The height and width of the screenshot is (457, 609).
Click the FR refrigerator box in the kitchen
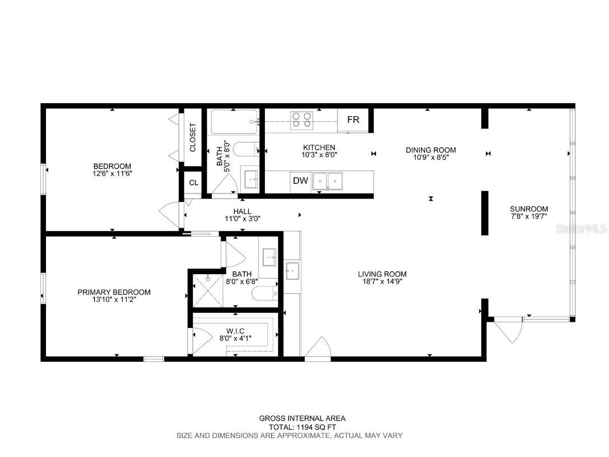pos(353,120)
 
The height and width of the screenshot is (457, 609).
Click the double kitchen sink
pos(328,180)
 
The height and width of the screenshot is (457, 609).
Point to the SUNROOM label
pos(529,209)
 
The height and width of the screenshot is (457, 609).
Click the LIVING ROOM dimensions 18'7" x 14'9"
pos(382,281)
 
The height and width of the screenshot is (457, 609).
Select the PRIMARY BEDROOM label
pos(114,292)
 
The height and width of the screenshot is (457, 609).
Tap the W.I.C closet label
pos(235,331)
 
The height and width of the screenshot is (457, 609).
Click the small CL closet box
pos(193,182)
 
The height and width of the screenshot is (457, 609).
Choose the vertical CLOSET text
pos(192,137)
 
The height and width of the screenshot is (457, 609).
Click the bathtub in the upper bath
pos(234,121)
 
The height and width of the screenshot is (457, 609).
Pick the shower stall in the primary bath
pos(207,289)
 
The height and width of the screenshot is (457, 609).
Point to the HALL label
pos(243,211)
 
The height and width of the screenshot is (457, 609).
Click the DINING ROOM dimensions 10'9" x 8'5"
pos(430,158)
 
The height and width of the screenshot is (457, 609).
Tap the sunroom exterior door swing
pos(508,330)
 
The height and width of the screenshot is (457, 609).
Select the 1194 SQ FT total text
pos(302,427)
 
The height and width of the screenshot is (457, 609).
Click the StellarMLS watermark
pos(585,229)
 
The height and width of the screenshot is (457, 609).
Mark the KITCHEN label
pos(319,147)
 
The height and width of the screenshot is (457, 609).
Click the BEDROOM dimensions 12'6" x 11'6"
pos(112,174)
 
